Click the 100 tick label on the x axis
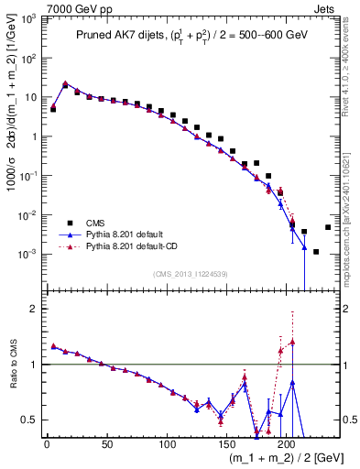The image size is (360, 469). pyautogui.click(x=167, y=444)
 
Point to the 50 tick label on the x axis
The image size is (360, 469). pyautogui.click(x=106, y=444)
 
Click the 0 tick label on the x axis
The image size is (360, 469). pyautogui.click(x=47, y=444)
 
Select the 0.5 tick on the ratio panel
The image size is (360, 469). pyautogui.click(x=29, y=420)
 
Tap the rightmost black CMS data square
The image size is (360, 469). pyautogui.click(x=328, y=227)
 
